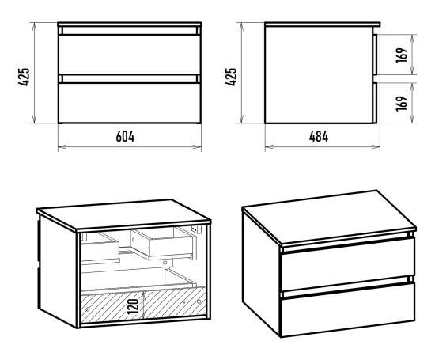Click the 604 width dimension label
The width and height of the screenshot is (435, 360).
125,137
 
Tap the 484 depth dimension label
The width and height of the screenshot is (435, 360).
319,137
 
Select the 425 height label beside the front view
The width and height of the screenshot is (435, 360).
24,77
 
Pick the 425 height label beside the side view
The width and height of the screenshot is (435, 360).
231,77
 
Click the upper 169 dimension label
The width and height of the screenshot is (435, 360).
402,55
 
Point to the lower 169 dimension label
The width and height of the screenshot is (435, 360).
402,104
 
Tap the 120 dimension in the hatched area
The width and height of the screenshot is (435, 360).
133,306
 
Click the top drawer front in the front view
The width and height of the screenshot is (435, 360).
130,55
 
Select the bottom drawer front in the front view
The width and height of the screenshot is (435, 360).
130,103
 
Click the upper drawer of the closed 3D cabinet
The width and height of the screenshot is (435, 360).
348,264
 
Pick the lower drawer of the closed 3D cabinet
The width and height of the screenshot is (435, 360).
348,309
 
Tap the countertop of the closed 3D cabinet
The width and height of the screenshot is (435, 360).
329,217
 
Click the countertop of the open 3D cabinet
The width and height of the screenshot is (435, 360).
123,214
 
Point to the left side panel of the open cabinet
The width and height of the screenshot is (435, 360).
58,271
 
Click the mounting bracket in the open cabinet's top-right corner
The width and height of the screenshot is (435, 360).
197,229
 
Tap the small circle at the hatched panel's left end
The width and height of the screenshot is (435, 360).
88,309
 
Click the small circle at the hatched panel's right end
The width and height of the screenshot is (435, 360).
199,301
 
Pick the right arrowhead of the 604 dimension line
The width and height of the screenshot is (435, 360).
198,146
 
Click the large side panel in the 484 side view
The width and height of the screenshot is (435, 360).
319,75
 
